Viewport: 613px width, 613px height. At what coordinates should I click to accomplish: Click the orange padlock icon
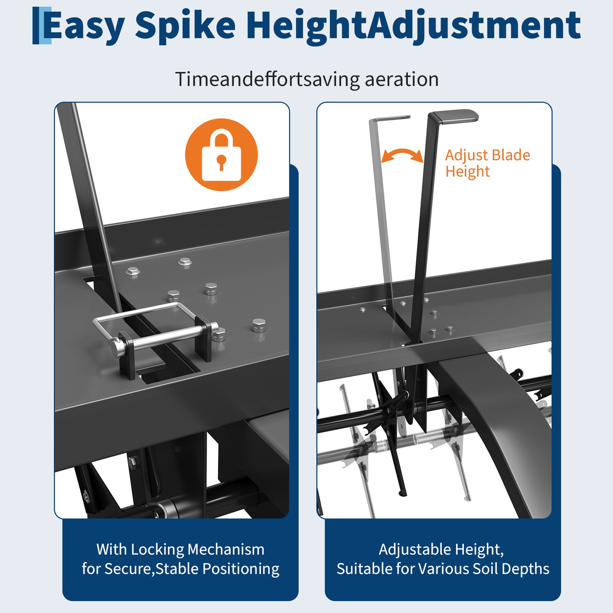coord(221,155)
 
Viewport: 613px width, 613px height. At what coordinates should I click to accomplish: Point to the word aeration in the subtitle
coord(402,79)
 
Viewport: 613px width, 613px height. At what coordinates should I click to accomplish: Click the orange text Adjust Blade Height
coord(488,163)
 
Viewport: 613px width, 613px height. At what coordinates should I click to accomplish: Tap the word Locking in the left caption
coord(157,550)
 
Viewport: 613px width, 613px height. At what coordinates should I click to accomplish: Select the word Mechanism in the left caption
coord(226,549)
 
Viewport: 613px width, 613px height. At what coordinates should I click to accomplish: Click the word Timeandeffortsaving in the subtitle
coord(267,79)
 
